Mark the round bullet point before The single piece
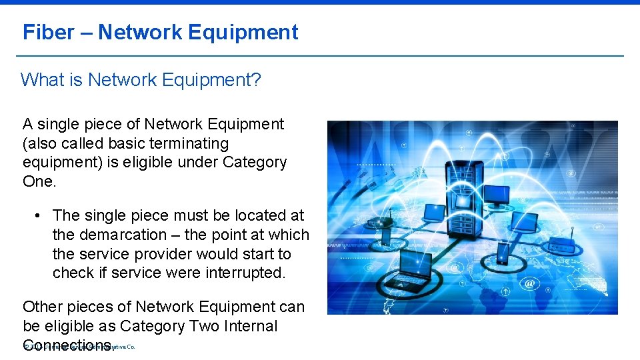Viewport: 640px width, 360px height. (x=39, y=216)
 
